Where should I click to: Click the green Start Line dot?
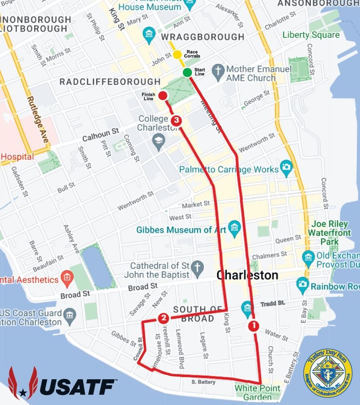(x=187, y=72)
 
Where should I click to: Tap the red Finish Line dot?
(x=163, y=95)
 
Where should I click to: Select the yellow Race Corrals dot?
(x=177, y=55)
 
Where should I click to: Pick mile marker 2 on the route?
(x=163, y=318)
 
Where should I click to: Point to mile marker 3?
(x=176, y=120)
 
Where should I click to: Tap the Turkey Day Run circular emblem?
(x=328, y=373)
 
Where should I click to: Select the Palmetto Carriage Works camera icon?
(x=287, y=168)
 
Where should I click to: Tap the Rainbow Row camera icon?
(x=303, y=283)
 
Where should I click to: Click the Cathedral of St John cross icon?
(x=198, y=267)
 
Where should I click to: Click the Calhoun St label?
(x=101, y=133)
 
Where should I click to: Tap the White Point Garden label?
(x=257, y=392)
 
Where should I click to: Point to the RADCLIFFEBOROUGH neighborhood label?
(x=110, y=82)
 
